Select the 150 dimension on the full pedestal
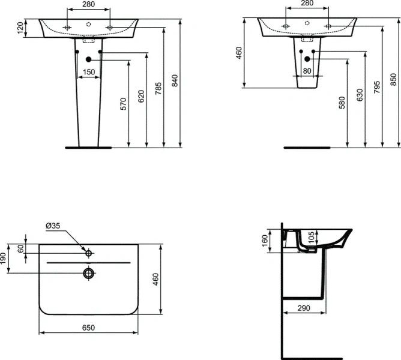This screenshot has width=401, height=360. (x=89, y=73)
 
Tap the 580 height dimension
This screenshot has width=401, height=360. (x=342, y=103)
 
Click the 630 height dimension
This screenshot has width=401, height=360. (x=360, y=95)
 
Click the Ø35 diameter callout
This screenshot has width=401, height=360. (x=53, y=226)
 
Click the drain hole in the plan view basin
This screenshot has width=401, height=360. (x=89, y=274)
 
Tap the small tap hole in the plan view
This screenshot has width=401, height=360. (x=89, y=253)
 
